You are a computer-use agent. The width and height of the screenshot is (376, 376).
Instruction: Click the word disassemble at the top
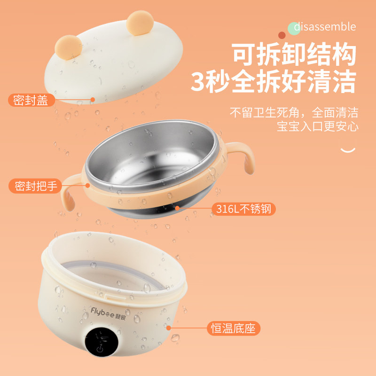click(325, 27)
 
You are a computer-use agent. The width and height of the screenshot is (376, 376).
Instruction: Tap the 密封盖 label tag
click(31, 100)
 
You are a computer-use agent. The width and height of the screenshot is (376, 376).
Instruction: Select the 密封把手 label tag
click(35, 186)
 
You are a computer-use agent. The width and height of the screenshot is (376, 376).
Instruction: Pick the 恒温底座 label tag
click(233, 328)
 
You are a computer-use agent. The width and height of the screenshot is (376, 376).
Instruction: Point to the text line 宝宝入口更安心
click(317, 126)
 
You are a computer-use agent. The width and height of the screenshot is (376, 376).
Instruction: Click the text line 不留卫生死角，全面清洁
click(294, 113)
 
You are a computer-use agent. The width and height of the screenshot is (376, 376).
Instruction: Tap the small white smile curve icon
click(347, 150)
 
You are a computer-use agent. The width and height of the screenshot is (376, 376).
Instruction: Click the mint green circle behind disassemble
click(294, 27)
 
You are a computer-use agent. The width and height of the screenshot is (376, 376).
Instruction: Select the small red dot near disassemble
click(282, 35)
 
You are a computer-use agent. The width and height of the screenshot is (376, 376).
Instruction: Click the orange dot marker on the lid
click(93, 100)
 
